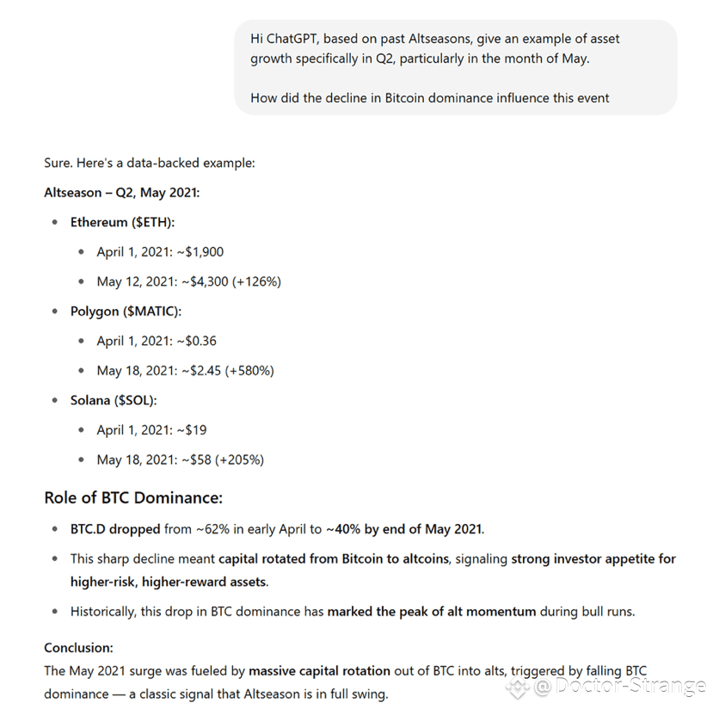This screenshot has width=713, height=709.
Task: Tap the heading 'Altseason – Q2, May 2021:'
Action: click(121, 193)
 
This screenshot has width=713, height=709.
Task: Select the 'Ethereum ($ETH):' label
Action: click(122, 222)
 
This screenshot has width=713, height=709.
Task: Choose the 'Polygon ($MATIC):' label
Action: click(126, 311)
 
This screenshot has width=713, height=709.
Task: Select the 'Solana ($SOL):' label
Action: click(114, 400)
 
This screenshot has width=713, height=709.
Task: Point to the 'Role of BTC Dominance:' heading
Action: click(133, 497)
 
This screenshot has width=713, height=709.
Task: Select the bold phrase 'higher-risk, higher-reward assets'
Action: click(169, 582)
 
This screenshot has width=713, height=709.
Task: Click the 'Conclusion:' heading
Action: click(78, 647)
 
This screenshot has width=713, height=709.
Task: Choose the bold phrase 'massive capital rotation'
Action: click(319, 670)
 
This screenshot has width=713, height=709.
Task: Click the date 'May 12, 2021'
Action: click(136, 281)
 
